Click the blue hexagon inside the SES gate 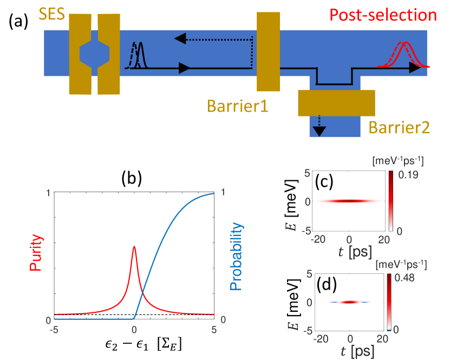(94, 53)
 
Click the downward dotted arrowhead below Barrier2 (320, 130)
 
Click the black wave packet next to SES (139, 56)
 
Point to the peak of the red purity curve (134, 247)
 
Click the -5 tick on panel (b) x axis (53, 329)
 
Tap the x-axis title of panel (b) (133, 346)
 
